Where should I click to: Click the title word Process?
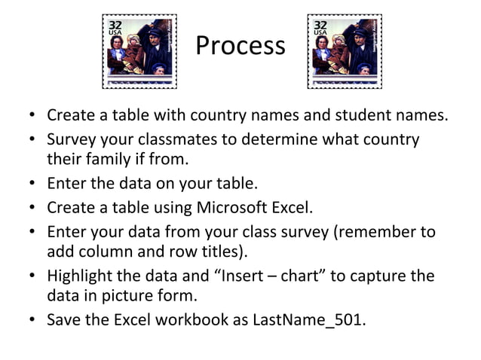(x=240, y=46)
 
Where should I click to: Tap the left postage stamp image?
(x=139, y=50)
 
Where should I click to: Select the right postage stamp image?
(x=345, y=50)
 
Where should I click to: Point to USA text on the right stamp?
(x=321, y=33)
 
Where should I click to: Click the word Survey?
(x=72, y=140)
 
